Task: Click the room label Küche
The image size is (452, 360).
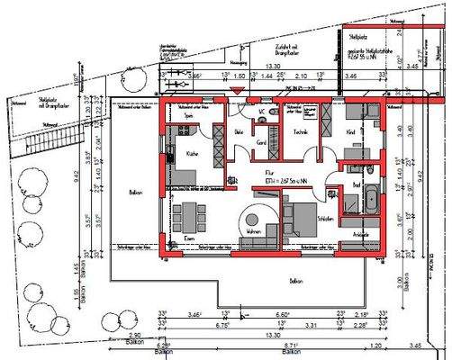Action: pyautogui.click(x=192, y=155)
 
